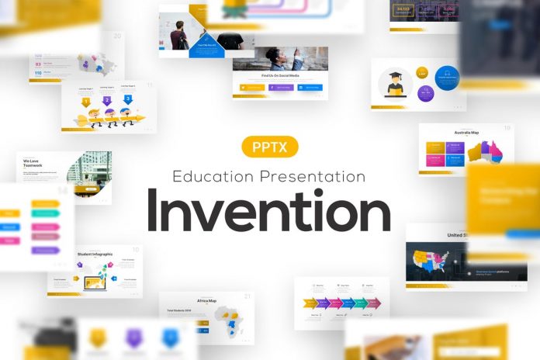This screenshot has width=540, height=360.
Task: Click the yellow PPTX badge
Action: (x=270, y=147)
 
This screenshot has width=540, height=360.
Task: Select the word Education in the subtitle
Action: (x=213, y=176)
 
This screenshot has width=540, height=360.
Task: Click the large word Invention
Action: (x=269, y=211)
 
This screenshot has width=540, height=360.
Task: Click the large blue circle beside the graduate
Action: (x=447, y=78)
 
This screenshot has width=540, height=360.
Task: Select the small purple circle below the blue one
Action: (x=425, y=94)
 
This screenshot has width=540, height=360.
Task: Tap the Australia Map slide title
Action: (x=466, y=133)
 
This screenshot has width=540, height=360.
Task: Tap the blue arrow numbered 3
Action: (x=127, y=99)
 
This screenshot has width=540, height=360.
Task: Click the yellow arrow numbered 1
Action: (x=86, y=101)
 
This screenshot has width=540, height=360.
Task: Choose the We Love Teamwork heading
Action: (x=37, y=163)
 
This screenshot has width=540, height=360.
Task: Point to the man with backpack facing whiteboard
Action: (x=178, y=35)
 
